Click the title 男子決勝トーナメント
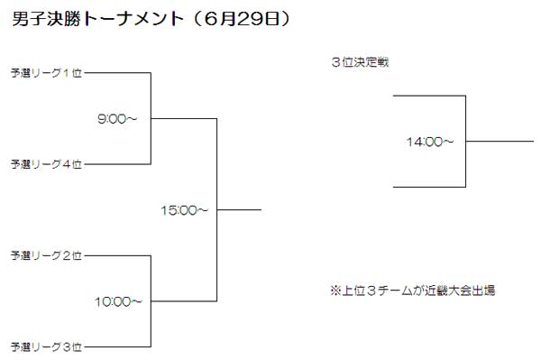(97, 19)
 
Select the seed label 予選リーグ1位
(46, 73)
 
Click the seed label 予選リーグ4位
(46, 164)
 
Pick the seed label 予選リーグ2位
(46, 255)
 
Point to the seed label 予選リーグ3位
(46, 346)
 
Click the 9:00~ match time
(117, 119)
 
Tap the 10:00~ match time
(118, 302)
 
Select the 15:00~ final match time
(185, 210)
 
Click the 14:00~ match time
(430, 142)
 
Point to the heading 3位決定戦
(360, 62)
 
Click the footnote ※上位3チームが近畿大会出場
(413, 291)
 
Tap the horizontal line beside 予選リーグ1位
(117, 73)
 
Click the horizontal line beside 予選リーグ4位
(117, 164)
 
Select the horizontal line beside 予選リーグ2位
(117, 255)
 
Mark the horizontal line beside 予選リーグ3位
(117, 346)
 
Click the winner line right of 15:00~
(239, 209)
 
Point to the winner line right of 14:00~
(500, 141)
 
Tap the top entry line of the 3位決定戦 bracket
(429, 96)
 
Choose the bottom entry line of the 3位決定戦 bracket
(429, 187)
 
